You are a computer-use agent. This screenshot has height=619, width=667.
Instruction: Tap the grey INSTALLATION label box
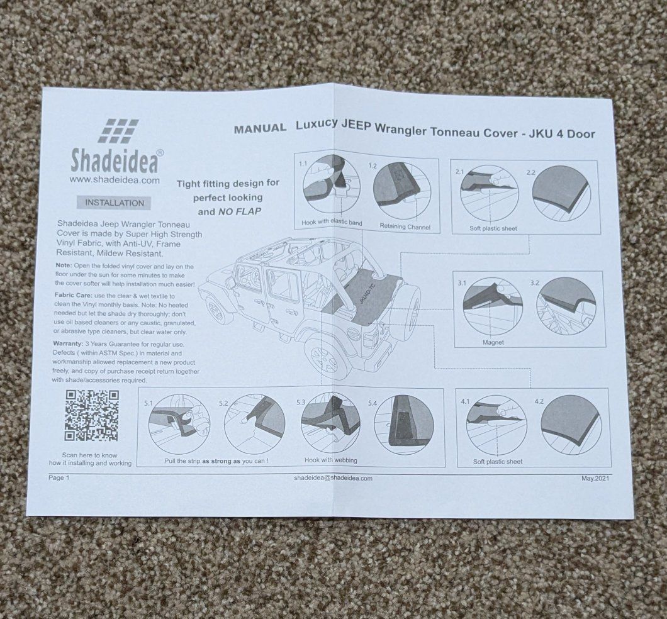[x=115, y=203]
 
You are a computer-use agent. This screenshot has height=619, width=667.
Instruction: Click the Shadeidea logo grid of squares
[x=119, y=130]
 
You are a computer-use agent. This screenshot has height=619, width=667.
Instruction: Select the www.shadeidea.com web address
[x=115, y=180]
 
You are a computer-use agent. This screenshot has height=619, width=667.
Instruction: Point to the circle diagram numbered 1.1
[x=332, y=185]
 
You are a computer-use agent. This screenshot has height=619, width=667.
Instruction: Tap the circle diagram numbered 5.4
[x=404, y=424]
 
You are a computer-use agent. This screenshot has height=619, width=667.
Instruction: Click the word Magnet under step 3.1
[x=493, y=342]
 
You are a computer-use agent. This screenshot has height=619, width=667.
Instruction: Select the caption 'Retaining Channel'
[x=405, y=226]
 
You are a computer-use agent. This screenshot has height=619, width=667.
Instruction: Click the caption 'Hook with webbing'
[x=330, y=460]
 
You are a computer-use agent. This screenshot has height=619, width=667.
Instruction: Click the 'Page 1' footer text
[x=59, y=477]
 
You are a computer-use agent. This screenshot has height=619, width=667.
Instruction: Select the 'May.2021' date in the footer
[x=595, y=478]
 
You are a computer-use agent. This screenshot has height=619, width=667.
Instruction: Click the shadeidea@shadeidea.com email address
[x=333, y=478]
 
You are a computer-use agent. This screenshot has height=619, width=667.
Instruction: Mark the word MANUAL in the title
[x=260, y=128]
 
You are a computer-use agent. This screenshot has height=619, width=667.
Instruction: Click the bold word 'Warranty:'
[x=67, y=343]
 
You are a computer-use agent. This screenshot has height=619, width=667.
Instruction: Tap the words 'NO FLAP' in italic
[x=240, y=211]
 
